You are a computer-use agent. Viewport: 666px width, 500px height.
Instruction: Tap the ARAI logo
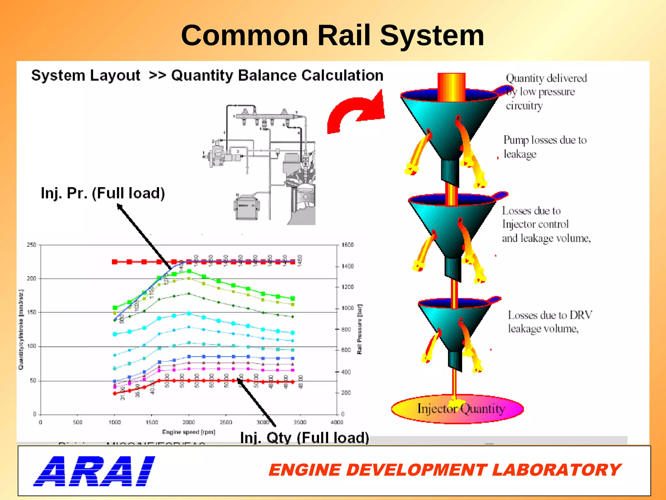[94, 471]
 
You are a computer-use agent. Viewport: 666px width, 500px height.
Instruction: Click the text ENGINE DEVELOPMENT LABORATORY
[445, 470]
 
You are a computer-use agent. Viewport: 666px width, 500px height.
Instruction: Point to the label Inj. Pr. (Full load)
[103, 193]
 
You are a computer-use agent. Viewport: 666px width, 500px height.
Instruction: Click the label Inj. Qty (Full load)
[304, 437]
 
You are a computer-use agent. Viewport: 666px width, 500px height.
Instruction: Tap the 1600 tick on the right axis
[347, 245]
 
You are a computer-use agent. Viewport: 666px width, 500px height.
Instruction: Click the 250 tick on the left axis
[32, 245]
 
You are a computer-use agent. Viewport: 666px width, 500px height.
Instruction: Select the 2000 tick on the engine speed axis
[189, 422]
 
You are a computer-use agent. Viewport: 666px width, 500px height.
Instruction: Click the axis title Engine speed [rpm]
[189, 432]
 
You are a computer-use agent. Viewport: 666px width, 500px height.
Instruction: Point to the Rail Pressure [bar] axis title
[359, 329]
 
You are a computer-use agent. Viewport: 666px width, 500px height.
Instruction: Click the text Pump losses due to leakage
[545, 147]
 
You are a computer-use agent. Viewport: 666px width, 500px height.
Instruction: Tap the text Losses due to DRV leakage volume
[550, 322]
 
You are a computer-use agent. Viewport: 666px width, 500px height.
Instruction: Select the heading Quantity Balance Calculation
[277, 76]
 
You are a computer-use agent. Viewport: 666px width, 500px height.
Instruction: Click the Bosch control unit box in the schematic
[246, 207]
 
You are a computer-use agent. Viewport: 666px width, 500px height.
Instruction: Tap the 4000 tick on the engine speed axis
[337, 422]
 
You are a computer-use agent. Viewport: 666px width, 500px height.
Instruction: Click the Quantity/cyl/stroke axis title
[21, 329]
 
